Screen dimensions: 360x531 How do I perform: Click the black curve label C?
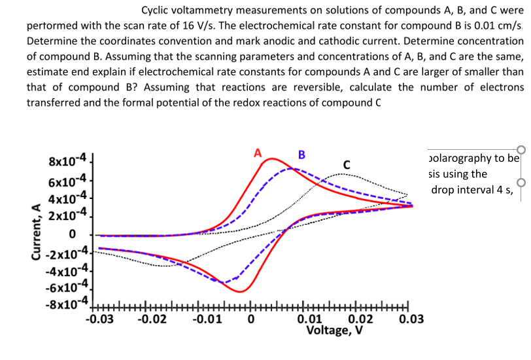[347, 164]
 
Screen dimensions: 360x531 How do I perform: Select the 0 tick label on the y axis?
[74, 234]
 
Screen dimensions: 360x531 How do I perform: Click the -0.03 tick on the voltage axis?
[98, 320]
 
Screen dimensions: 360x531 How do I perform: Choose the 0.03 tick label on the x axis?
[409, 320]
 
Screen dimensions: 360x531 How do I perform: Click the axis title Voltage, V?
[337, 329]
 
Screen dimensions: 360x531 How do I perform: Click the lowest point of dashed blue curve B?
[222, 282]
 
